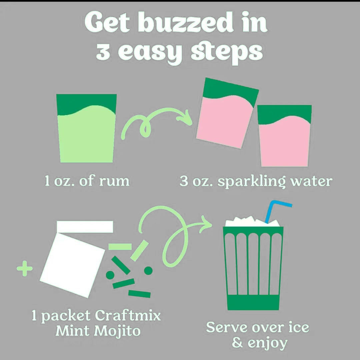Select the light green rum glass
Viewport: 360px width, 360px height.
(x=87, y=128)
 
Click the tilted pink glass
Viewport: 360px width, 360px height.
(x=227, y=113)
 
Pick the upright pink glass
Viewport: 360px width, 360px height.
(x=285, y=136)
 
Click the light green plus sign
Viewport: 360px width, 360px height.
(x=25, y=268)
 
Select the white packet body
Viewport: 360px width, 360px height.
(x=73, y=265)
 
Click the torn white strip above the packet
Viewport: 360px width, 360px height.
(x=85, y=226)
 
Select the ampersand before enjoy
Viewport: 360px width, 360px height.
(x=237, y=343)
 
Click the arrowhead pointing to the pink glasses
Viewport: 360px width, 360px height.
(x=185, y=118)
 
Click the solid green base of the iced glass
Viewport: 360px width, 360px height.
(x=253, y=302)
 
